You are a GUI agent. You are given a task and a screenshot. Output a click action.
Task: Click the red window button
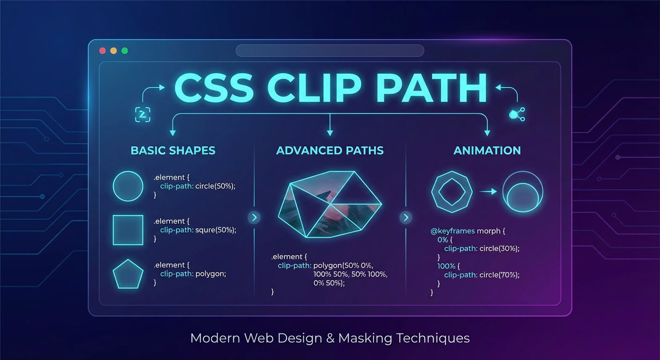pos(103,51)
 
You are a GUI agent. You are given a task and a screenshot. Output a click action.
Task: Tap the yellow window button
pos(113,51)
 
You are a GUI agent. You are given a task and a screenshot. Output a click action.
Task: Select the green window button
pos(125,51)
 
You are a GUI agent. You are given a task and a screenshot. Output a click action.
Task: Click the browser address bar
pos(330,50)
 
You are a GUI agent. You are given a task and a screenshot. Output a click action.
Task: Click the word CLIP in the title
pos(314,88)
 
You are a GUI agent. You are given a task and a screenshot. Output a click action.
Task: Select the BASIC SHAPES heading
pos(173,150)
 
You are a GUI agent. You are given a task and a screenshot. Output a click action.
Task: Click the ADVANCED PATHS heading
pos(330,150)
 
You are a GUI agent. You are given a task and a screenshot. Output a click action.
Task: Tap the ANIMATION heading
pos(487,150)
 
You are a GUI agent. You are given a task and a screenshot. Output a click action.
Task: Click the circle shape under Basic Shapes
pos(128,172)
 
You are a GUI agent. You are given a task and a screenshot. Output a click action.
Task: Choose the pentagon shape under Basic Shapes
pos(128,260)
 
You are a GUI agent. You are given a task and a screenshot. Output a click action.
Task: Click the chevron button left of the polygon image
pos(254,217)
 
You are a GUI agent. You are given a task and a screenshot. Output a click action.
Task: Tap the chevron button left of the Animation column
pos(406,217)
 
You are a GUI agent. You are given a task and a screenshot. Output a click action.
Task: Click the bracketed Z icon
pos(142,114)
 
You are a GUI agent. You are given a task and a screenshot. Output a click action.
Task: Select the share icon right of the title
pos(517,114)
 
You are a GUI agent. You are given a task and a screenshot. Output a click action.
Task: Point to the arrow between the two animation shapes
pos(488,192)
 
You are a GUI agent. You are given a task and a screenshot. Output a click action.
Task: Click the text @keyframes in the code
pos(452,231)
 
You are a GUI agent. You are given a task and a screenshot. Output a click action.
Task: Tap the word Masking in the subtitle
pos(365,338)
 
